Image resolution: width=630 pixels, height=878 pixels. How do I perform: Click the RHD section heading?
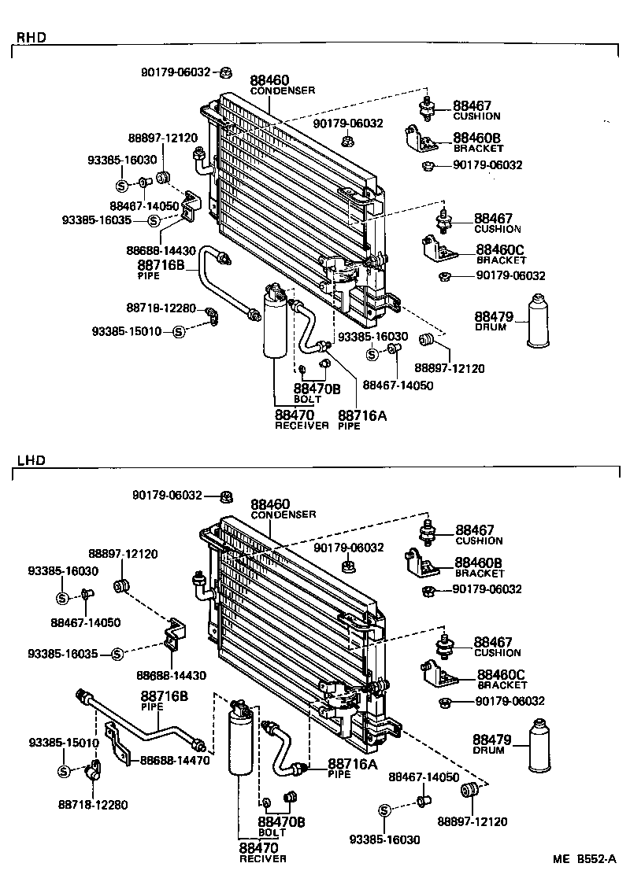point(30,36)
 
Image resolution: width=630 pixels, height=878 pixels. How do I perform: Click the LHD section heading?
point(30,460)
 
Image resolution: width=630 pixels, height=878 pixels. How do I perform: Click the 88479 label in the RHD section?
point(494,317)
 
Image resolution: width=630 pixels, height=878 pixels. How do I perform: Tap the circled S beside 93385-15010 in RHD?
point(178,331)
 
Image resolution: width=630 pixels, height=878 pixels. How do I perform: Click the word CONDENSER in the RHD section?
point(282,90)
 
